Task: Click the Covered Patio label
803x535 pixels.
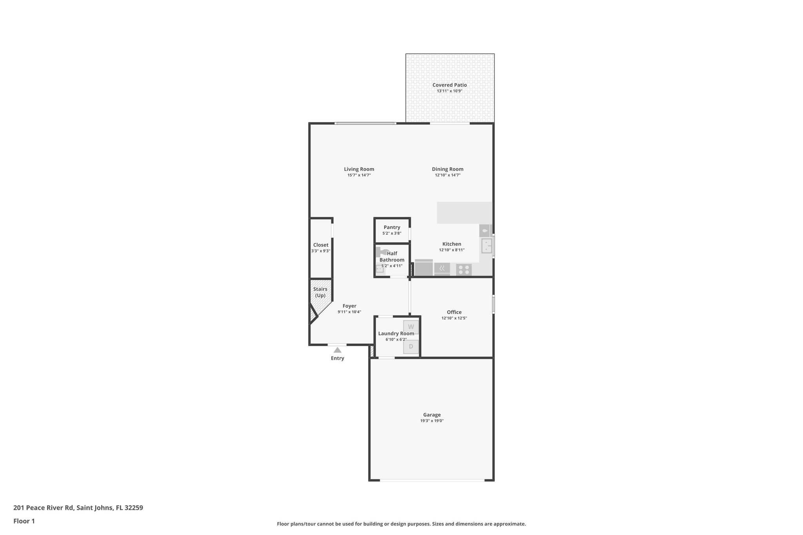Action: click(x=449, y=85)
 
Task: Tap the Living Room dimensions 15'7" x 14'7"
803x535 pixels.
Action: click(x=359, y=175)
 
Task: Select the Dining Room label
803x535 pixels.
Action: click(x=447, y=169)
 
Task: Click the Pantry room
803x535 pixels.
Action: click(x=392, y=230)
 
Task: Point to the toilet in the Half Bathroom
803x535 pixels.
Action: click(x=381, y=253)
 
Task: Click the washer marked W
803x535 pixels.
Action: click(x=411, y=327)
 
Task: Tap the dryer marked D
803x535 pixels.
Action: click(x=411, y=346)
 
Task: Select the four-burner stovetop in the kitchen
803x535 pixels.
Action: click(x=464, y=270)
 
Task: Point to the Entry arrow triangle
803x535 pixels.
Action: click(x=337, y=350)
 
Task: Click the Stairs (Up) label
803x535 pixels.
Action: click(x=320, y=292)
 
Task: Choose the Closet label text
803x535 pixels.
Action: click(x=321, y=245)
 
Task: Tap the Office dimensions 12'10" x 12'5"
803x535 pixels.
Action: click(x=454, y=318)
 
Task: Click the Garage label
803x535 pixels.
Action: click(x=432, y=415)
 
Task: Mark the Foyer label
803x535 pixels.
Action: click(x=349, y=306)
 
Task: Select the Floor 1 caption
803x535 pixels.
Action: click(x=24, y=521)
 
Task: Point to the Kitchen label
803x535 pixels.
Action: click(x=452, y=244)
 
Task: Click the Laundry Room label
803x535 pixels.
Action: click(x=396, y=334)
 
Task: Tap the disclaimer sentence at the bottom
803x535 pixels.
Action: click(x=401, y=524)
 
